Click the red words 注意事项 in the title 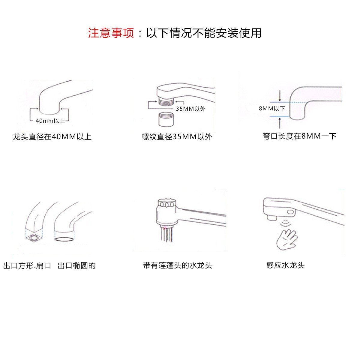pyautogui.click(x=111, y=33)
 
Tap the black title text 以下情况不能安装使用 pyautogui.click(x=204, y=33)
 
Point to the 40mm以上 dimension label pyautogui.click(x=50, y=121)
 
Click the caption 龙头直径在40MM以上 pyautogui.click(x=52, y=137)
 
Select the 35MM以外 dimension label pyautogui.click(x=190, y=109)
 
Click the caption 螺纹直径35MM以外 pyautogui.click(x=177, y=137)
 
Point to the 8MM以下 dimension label pyautogui.click(x=272, y=109)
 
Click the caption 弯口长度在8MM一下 pyautogui.click(x=299, y=136)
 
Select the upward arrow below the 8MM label pyautogui.click(x=280, y=122)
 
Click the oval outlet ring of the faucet pyautogui.click(x=64, y=239)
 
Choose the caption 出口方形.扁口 pyautogui.click(x=27, y=266)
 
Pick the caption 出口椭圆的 pyautogui.click(x=76, y=266)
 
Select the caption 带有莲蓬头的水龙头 pyautogui.click(x=178, y=265)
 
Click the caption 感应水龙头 pyautogui.click(x=285, y=265)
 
